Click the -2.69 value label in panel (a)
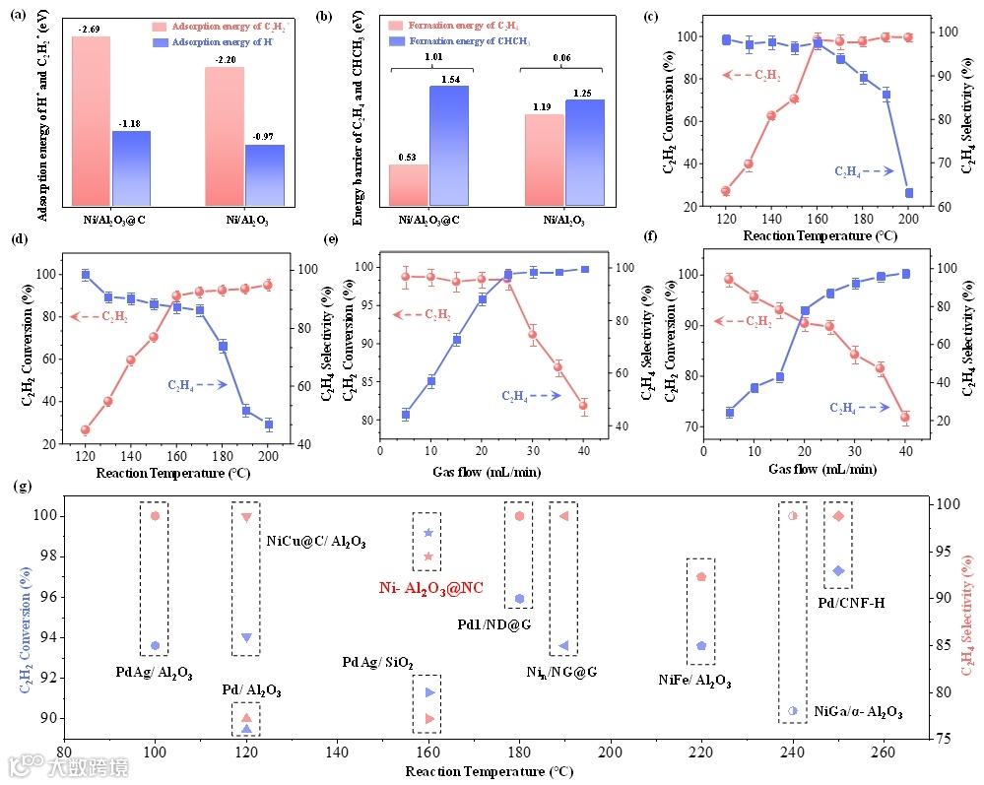click(91, 29)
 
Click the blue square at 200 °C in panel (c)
click(908, 193)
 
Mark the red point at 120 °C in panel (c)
click(726, 191)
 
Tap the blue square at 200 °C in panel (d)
click(268, 425)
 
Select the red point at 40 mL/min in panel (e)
click(583, 406)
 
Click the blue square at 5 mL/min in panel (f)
click(730, 413)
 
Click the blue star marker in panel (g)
click(427, 533)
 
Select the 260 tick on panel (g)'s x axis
click(885, 752)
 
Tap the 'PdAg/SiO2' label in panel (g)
click(377, 662)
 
